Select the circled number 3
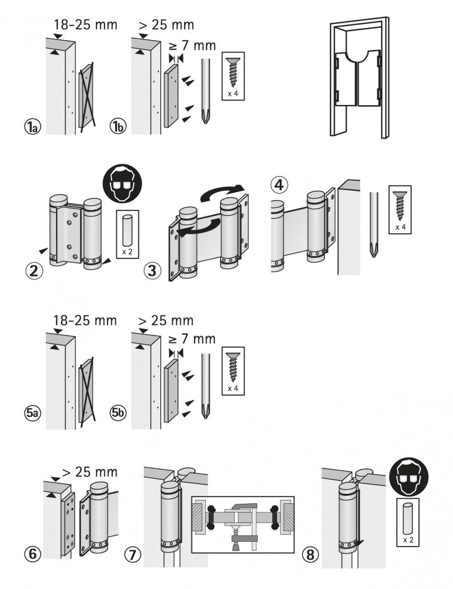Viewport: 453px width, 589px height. tap(152, 270)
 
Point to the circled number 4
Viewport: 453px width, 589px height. tap(279, 185)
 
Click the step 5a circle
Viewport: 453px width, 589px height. tap(32, 413)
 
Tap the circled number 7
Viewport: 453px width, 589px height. tap(133, 554)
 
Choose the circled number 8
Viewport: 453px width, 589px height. tap(310, 554)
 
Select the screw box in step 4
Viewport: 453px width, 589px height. tap(400, 209)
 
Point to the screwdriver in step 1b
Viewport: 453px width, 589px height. tap(205, 91)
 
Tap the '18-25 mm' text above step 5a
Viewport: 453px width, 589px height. tap(85, 320)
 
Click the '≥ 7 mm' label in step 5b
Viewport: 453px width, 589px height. tap(192, 338)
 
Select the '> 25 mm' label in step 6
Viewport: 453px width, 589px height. tap(90, 472)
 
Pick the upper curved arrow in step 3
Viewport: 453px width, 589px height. tap(222, 193)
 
